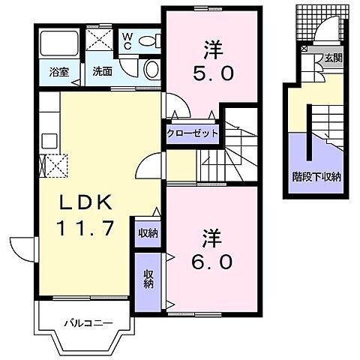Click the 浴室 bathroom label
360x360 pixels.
59,73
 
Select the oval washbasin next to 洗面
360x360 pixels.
150,70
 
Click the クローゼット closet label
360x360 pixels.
192,133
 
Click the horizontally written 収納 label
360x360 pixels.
147,232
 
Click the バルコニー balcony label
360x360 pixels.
88,323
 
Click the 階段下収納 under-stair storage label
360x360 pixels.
316,178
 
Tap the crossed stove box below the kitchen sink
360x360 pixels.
57,164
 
